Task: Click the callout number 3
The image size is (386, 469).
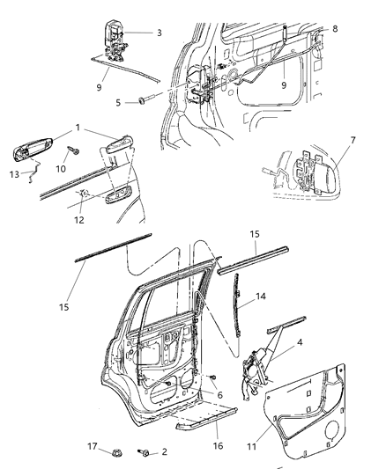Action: click(x=159, y=33)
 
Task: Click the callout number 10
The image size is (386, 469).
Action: click(x=62, y=166)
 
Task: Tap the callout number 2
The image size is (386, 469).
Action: click(x=163, y=453)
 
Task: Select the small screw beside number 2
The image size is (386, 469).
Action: click(x=144, y=452)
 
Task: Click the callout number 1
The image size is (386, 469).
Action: click(x=78, y=128)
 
